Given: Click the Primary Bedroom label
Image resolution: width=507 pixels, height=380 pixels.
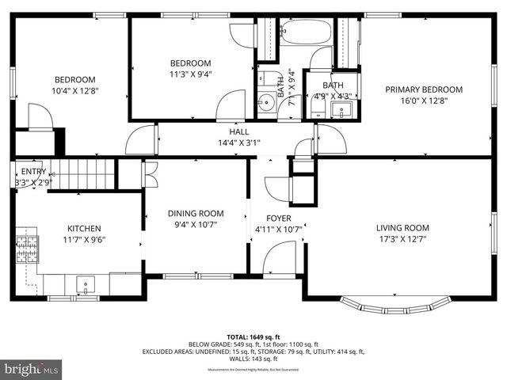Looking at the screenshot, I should point(423,89).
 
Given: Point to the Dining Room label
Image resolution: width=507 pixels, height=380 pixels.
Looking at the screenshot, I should point(196,213).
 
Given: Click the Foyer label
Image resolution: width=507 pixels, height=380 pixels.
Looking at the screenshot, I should point(278,218).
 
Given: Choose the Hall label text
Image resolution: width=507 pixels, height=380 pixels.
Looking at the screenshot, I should point(239,132).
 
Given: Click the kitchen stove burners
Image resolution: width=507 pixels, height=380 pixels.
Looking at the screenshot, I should point(28,249).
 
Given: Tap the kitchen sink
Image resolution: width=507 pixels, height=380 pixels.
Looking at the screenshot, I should point(85,283).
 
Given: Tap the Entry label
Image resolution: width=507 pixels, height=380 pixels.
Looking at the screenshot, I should point(33,172).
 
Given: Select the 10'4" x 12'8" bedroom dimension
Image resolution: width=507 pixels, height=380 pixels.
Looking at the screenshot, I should point(75,90).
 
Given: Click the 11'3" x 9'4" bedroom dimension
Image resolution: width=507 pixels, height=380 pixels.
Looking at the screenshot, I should point(191,74).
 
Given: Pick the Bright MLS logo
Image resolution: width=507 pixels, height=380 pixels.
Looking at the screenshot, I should point(32,369).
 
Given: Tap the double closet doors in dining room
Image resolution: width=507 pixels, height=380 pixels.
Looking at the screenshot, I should point(148,174).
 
